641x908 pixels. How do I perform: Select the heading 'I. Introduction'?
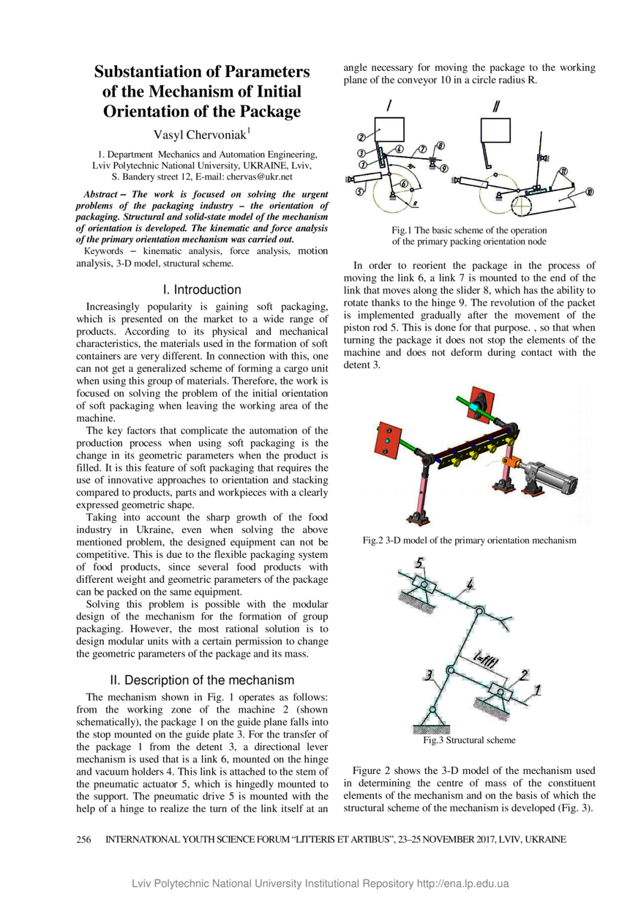[x=201, y=289]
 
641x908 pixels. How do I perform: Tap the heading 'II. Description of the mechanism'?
[x=201, y=680]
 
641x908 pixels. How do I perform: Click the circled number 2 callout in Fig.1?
[x=361, y=137]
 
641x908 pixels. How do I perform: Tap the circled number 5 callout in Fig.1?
[x=359, y=193]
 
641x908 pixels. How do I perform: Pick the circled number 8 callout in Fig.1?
[x=441, y=146]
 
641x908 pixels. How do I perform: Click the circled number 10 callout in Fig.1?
[x=589, y=192]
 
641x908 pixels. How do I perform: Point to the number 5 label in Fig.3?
[x=419, y=563]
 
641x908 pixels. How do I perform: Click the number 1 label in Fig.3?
[x=539, y=688]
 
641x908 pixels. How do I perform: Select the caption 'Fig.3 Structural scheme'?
[x=469, y=740]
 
